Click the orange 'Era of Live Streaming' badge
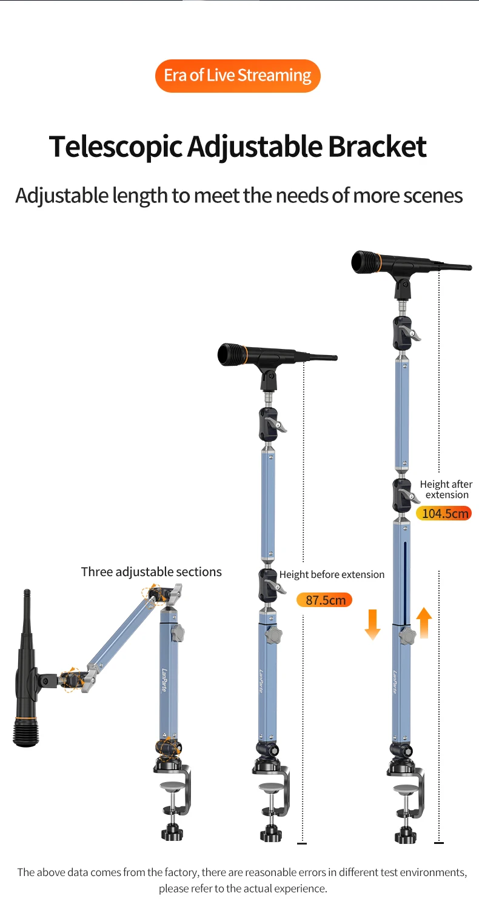(x=238, y=76)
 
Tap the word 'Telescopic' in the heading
(x=115, y=147)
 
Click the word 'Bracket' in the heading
(x=377, y=146)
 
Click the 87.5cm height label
(x=324, y=600)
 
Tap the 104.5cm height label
(x=444, y=513)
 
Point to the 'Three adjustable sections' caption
(x=152, y=572)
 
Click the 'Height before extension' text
(x=332, y=574)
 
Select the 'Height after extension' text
(x=446, y=489)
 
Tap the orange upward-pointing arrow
(x=424, y=622)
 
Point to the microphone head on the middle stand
(x=232, y=354)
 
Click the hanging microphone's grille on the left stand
(x=25, y=732)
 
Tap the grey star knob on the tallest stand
(x=407, y=636)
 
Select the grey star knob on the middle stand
(x=274, y=635)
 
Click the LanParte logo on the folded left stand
(x=164, y=680)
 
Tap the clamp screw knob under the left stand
(x=172, y=831)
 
